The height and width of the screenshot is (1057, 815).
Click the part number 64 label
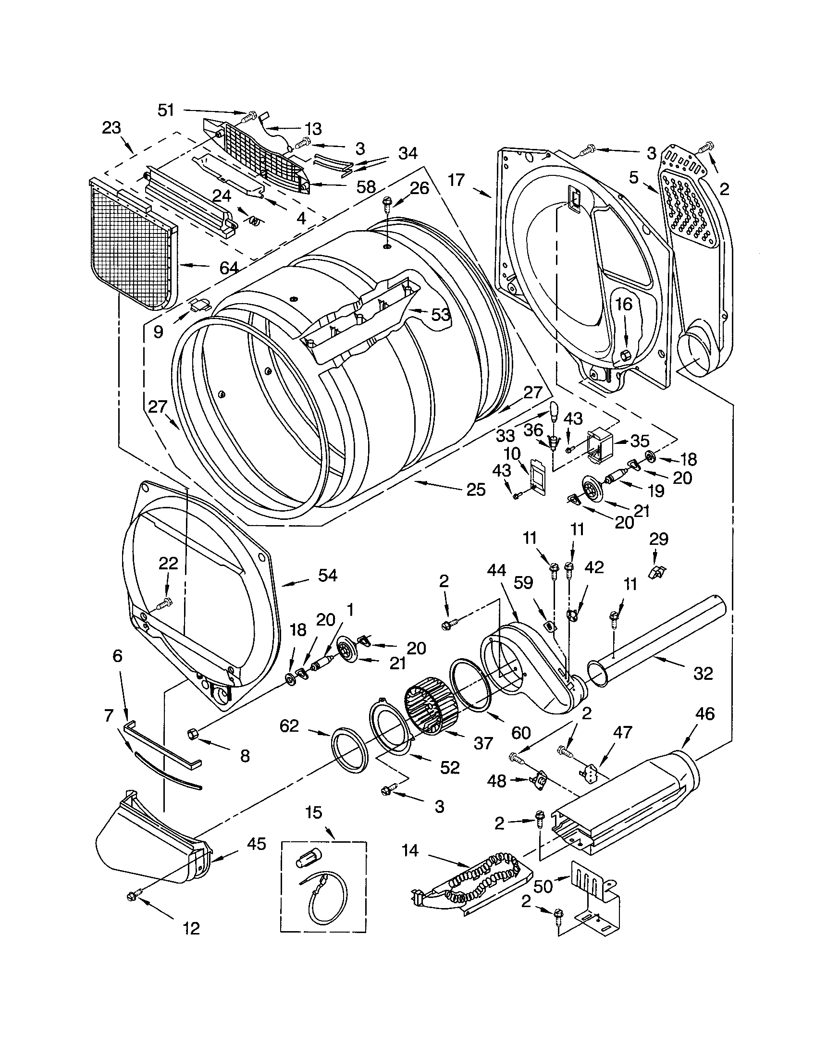(228, 267)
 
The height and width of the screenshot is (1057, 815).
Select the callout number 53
(440, 315)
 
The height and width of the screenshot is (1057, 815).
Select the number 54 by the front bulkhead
(328, 576)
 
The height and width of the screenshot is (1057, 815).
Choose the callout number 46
(704, 714)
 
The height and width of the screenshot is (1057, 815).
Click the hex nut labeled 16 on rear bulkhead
(625, 355)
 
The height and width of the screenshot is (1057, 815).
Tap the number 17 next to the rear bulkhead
(456, 181)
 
